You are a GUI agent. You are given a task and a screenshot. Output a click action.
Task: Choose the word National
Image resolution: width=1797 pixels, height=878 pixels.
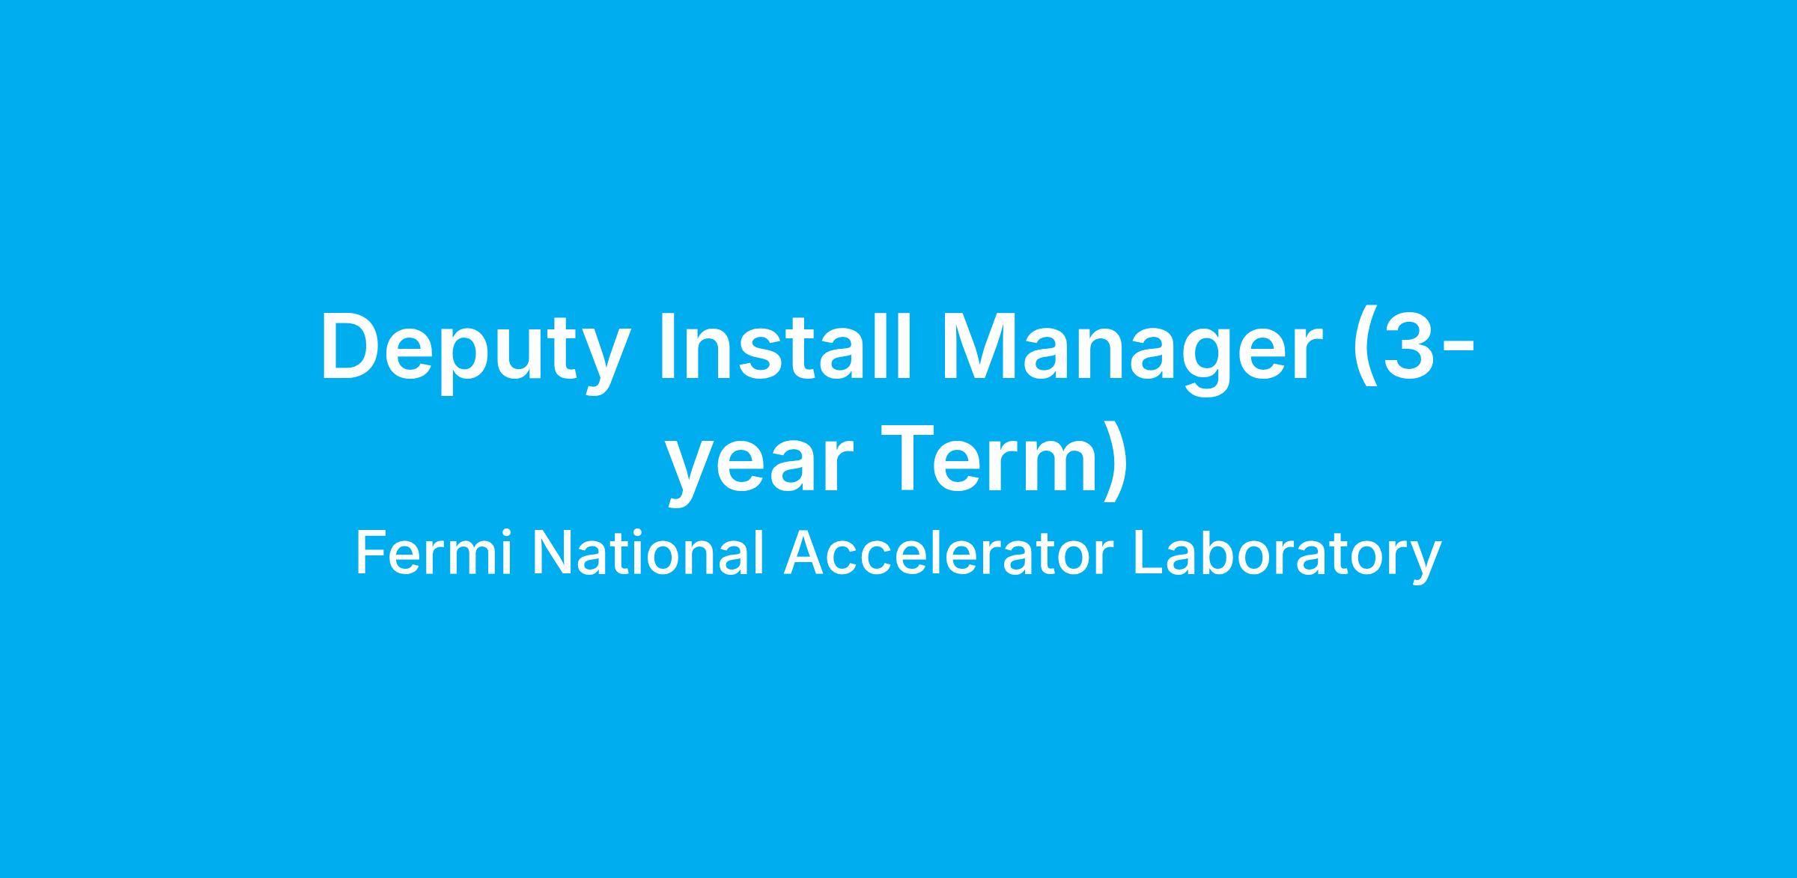(x=648, y=553)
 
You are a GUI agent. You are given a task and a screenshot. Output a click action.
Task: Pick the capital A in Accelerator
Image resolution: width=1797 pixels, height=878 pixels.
(x=802, y=554)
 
